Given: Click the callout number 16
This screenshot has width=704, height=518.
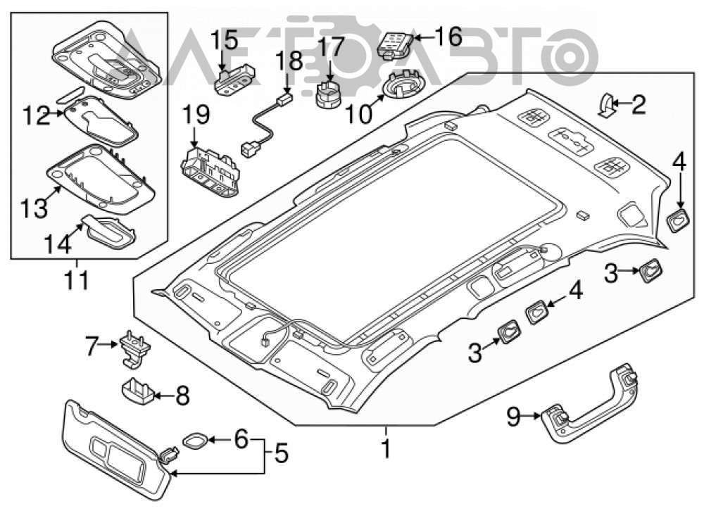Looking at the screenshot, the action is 448,37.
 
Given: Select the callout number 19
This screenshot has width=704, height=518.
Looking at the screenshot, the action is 196,115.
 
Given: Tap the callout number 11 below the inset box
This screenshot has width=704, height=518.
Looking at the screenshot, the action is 77,281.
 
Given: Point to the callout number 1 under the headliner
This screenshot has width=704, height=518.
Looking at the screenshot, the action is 386,448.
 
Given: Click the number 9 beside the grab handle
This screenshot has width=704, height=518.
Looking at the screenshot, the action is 514,416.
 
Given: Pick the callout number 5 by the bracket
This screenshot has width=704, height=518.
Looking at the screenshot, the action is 281,453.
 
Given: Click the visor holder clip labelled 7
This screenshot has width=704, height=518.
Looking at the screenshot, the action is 134,348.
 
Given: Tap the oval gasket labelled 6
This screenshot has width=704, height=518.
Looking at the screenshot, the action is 195,441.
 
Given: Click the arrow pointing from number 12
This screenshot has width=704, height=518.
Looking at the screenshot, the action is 56,113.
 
